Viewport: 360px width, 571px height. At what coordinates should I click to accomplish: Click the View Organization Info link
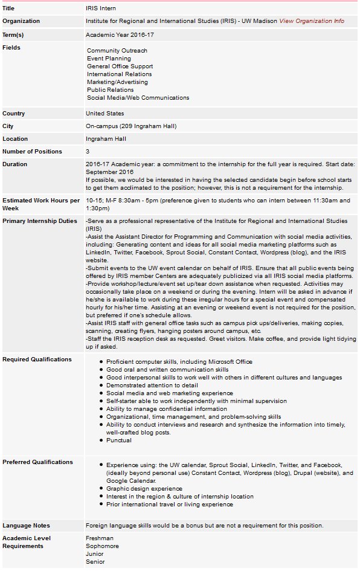pyautogui.click(x=312, y=21)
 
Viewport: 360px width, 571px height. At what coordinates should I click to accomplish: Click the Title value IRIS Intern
pyautogui.click(x=101, y=9)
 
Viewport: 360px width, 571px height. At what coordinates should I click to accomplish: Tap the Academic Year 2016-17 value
pyautogui.click(x=120, y=35)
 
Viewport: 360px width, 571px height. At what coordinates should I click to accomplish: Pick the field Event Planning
pyautogui.click(x=109, y=59)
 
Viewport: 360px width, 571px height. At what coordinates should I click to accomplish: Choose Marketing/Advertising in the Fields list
pyautogui.click(x=117, y=82)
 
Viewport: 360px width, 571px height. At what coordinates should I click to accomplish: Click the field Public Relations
pyautogui.click(x=110, y=90)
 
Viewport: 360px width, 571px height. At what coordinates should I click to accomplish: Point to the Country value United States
pyautogui.click(x=104, y=114)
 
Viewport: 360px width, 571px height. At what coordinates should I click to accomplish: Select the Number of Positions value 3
pyautogui.click(x=88, y=152)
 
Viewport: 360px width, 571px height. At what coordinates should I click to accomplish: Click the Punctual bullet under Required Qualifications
pyautogui.click(x=118, y=440)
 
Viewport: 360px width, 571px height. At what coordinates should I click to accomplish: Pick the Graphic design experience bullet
pyautogui.click(x=144, y=489)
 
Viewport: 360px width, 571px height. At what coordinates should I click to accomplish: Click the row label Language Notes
pyautogui.click(x=26, y=526)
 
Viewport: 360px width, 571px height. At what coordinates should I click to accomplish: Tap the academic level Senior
pyautogui.click(x=95, y=562)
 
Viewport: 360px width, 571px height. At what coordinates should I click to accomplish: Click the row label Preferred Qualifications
pyautogui.click(x=37, y=462)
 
